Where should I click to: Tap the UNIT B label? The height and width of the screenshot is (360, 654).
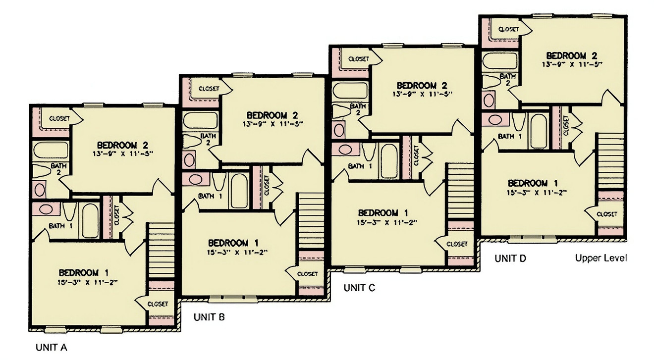pyautogui.click(x=209, y=317)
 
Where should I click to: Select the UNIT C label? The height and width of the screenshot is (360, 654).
pyautogui.click(x=359, y=288)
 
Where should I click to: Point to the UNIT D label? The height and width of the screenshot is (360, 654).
pyautogui.click(x=511, y=258)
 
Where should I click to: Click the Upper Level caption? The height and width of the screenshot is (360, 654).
pyautogui.click(x=601, y=258)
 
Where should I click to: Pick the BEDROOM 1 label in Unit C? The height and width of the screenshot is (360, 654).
pyautogui.click(x=383, y=213)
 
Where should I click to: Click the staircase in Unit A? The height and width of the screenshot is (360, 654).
pyautogui.click(x=162, y=250)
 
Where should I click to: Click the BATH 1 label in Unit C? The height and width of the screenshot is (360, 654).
pyautogui.click(x=360, y=166)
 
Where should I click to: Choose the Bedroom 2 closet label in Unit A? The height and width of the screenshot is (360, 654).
pyautogui.click(x=59, y=119)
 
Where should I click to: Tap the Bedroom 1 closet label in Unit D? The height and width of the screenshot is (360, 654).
pyautogui.click(x=606, y=214)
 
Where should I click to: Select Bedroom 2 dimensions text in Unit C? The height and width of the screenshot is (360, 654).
pyautogui.click(x=423, y=93)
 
